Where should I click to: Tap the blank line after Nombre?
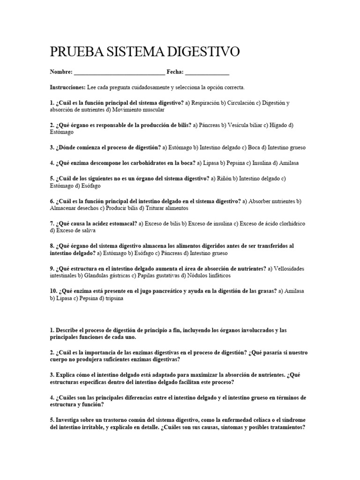point(119,73)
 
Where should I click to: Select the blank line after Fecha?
point(207,73)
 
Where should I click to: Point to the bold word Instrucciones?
point(67,88)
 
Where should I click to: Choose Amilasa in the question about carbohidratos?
point(288,163)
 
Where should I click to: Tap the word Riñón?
point(225,178)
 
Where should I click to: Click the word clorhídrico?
point(286,224)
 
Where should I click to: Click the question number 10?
point(53,291)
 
